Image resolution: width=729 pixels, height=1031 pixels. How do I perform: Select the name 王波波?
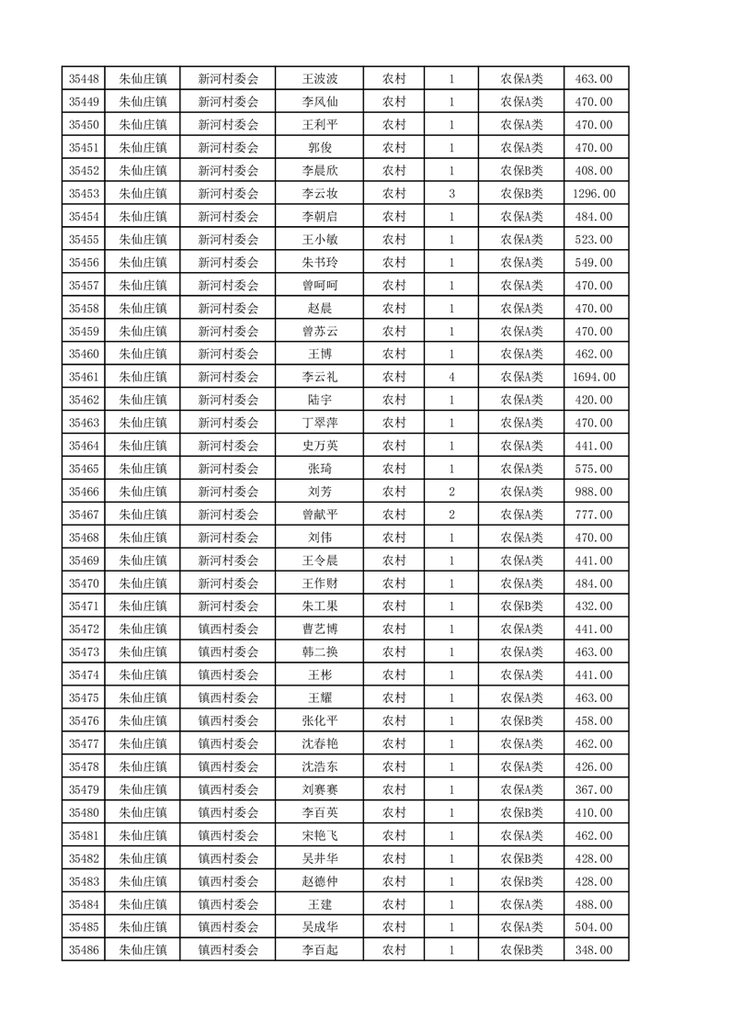(x=320, y=79)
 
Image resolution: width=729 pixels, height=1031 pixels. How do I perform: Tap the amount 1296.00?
(x=593, y=194)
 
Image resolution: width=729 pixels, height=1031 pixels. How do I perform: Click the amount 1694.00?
(x=593, y=377)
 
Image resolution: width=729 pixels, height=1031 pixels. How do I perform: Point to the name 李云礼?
(x=320, y=377)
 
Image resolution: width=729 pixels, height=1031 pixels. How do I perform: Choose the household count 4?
(x=451, y=377)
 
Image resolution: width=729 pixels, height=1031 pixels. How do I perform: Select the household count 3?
(x=451, y=194)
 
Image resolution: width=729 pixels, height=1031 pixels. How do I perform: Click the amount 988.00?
(x=593, y=492)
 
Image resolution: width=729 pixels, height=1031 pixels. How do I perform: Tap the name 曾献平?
(x=320, y=515)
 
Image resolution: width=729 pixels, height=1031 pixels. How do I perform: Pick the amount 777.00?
(x=593, y=515)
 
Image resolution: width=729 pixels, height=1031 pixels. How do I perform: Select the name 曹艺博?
(x=320, y=629)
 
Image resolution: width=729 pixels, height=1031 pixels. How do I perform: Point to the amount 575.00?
(x=593, y=469)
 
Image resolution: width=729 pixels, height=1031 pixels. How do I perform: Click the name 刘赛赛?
(x=320, y=789)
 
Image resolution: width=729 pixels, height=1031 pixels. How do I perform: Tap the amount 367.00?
(x=593, y=789)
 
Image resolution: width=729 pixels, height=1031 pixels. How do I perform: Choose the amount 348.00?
(x=593, y=950)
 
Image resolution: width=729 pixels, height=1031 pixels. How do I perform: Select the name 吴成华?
(x=320, y=927)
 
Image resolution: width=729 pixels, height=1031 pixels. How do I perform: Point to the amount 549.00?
(x=593, y=263)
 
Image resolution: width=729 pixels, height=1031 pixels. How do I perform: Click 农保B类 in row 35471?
(x=521, y=606)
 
